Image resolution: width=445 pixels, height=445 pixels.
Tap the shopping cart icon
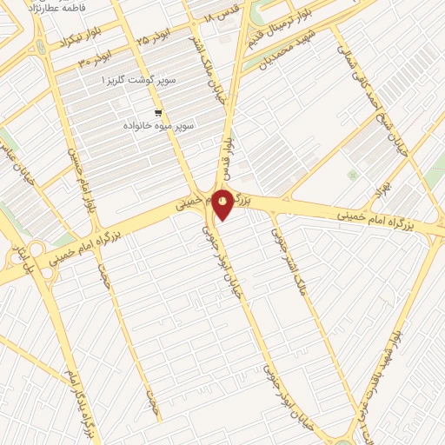tap(157, 112)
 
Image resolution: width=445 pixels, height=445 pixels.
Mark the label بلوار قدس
tap(226, 155)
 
